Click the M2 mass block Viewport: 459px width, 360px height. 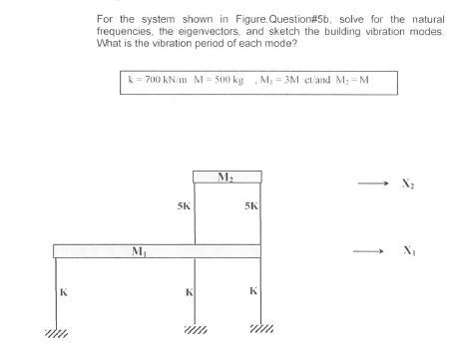coord(227,177)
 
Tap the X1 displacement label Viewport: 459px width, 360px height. coord(408,253)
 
